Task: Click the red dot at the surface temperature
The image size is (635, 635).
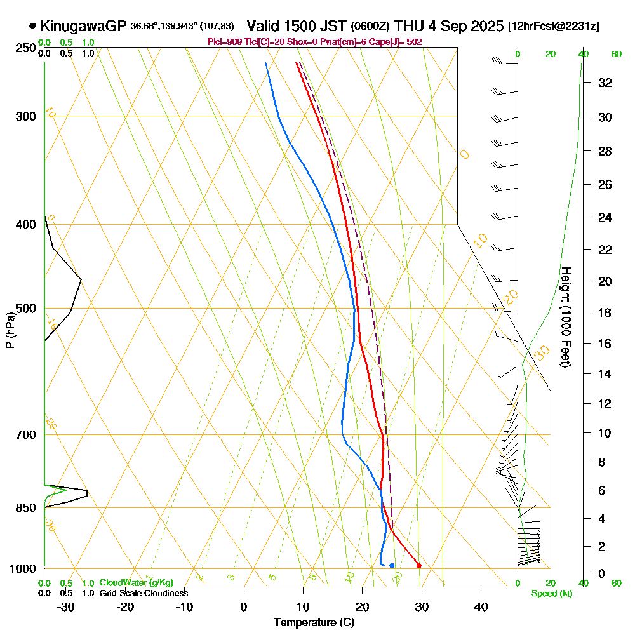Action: (418, 565)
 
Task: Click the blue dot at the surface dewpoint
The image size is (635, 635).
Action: (392, 565)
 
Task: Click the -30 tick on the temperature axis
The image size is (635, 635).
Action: (66, 606)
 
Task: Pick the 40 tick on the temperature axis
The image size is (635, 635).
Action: (481, 606)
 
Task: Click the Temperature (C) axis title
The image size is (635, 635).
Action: (314, 622)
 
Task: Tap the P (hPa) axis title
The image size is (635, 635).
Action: (10, 330)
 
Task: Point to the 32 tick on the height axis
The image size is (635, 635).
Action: (604, 83)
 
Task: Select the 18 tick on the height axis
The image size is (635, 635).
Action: (604, 312)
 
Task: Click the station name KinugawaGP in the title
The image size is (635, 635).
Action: (83, 26)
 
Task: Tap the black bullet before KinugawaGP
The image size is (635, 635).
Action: (32, 26)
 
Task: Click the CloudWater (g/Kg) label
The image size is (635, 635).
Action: (136, 583)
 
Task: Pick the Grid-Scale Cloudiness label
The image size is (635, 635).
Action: (144, 593)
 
